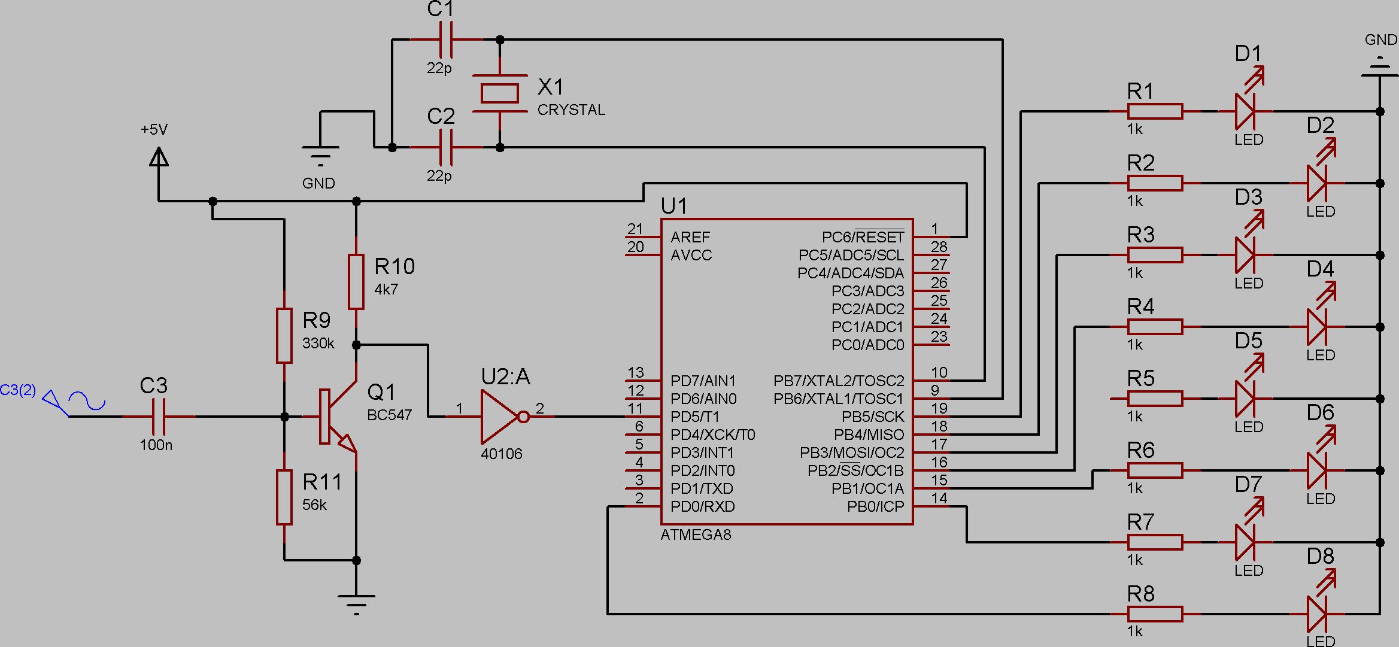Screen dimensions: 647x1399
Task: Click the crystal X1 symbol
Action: point(500,93)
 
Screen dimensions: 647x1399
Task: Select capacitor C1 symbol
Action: point(446,40)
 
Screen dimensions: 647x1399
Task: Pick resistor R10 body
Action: point(356,282)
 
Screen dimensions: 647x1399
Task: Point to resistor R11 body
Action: point(284,497)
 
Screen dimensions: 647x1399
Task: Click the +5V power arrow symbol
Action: point(159,157)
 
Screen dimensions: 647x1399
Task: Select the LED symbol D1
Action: point(1246,111)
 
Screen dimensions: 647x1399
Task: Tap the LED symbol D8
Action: point(1318,614)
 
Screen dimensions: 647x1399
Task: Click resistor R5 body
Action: point(1155,399)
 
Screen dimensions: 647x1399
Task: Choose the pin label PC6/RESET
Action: point(863,238)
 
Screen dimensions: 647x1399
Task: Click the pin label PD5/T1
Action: point(695,417)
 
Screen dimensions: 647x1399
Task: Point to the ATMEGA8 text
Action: point(696,534)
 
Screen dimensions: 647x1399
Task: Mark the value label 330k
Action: point(318,344)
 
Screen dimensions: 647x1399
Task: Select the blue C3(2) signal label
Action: point(18,391)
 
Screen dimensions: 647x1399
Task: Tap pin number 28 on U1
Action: point(939,247)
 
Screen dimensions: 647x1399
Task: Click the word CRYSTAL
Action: point(571,110)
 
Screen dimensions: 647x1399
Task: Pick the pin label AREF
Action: point(690,237)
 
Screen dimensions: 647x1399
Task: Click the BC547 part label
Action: point(389,415)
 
